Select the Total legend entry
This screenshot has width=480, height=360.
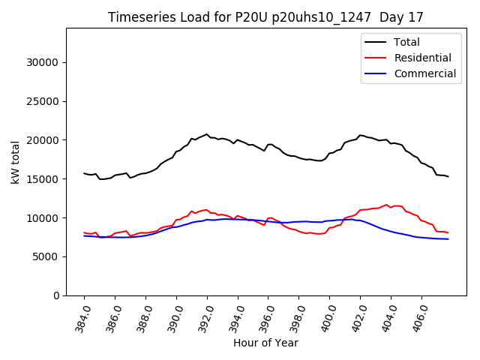[407, 42]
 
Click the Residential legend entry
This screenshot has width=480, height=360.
[422, 58]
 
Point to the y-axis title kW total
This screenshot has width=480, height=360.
[15, 162]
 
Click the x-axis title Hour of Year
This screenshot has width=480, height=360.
[265, 343]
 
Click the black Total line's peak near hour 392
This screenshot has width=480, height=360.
[207, 134]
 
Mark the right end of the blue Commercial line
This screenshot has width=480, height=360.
[448, 239]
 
